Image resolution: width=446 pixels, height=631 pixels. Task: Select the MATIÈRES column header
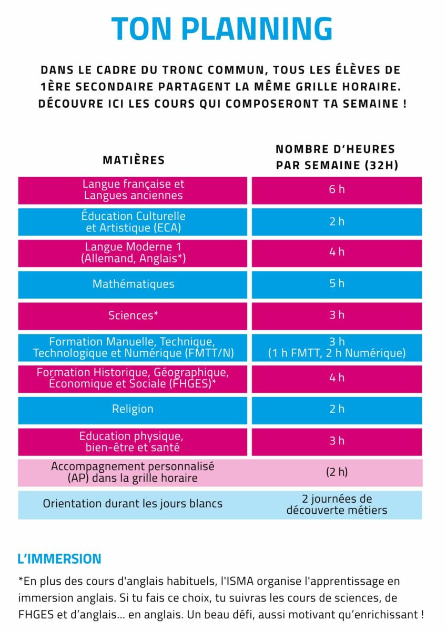pyautogui.click(x=133, y=160)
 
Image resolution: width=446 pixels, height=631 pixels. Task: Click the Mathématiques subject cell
pyautogui.click(x=133, y=284)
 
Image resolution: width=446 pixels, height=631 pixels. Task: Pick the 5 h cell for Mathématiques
pyautogui.click(x=337, y=284)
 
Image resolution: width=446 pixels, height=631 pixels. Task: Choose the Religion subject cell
pyautogui.click(x=133, y=409)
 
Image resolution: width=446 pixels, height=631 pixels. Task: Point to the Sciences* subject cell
pyautogui.click(x=133, y=315)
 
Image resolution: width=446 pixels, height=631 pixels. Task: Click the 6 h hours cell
pyautogui.click(x=337, y=190)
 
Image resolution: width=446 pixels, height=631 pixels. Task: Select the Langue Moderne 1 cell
pyautogui.click(x=133, y=252)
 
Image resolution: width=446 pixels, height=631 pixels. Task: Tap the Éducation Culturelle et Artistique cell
pyautogui.click(x=133, y=221)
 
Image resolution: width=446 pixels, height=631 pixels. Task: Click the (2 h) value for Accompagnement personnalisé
pyautogui.click(x=337, y=472)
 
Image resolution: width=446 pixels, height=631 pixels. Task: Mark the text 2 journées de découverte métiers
pyautogui.click(x=337, y=504)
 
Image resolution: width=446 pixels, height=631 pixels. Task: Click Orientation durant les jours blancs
pyautogui.click(x=133, y=504)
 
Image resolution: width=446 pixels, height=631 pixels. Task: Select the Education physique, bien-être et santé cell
pyautogui.click(x=133, y=442)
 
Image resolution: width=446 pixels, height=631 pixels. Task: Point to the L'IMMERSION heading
pyautogui.click(x=59, y=558)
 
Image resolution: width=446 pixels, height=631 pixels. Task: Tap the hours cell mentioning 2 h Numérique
pyautogui.click(x=337, y=348)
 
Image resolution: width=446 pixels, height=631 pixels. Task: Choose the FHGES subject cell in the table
pyautogui.click(x=133, y=378)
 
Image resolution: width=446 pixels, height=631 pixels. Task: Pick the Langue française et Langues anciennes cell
pyautogui.click(x=133, y=190)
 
